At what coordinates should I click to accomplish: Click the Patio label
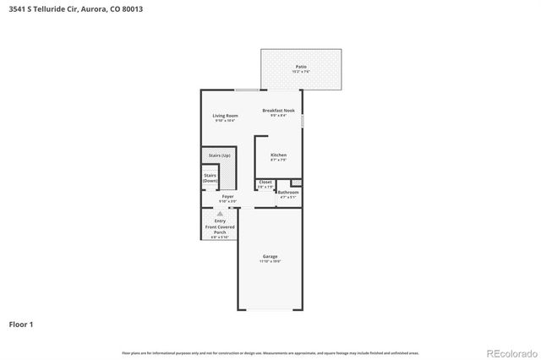pos(301,66)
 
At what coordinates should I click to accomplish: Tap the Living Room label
pos(225,116)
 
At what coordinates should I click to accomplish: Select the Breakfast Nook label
pos(278,111)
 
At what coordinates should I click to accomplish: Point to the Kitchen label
pos(278,155)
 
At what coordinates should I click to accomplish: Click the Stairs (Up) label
pos(220,155)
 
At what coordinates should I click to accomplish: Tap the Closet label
pos(265,182)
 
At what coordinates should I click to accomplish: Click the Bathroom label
pos(288,192)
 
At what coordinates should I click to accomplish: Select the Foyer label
pos(228,197)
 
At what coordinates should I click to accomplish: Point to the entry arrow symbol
pos(220,214)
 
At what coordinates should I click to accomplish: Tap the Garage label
pos(270,256)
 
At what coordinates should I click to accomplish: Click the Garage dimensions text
pos(270,262)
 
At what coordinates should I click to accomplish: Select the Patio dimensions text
pos(301,71)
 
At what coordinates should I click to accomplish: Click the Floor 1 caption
pos(21,324)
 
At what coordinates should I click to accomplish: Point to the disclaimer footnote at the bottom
pos(270,352)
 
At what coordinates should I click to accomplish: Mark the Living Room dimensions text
pos(225,122)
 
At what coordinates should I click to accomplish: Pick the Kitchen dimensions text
pos(278,161)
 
